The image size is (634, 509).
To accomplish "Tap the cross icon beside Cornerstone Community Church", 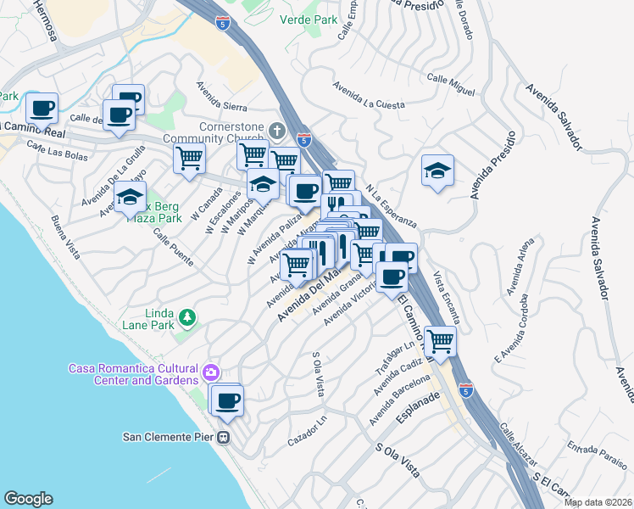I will tap(276, 130).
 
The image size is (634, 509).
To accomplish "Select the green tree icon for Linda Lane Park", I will tap(186, 319).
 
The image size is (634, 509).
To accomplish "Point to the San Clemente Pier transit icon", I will tap(223, 438).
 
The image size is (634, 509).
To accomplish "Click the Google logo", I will tap(28, 499).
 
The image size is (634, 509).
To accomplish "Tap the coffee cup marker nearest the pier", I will tap(226, 400).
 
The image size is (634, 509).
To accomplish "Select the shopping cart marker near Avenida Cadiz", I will tap(440, 341).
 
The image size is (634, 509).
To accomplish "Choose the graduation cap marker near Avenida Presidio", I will tap(437, 171).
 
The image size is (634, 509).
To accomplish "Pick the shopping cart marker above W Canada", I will tap(190, 157).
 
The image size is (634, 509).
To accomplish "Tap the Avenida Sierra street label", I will tap(222, 97).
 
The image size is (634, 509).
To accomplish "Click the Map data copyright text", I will tap(597, 502).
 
